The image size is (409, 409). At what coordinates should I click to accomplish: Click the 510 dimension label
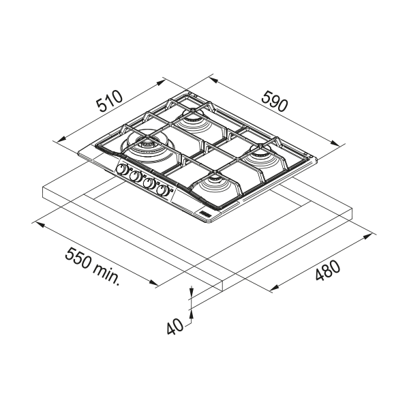109,101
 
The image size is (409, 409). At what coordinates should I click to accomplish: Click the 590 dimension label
275,101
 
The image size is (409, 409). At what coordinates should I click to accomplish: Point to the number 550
78,258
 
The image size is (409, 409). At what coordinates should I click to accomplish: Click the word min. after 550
107,274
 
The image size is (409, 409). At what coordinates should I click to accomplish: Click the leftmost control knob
122,170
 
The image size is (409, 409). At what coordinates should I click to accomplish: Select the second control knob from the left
135,177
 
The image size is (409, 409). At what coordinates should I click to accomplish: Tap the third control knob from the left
149,183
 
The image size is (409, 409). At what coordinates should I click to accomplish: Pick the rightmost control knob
162,190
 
